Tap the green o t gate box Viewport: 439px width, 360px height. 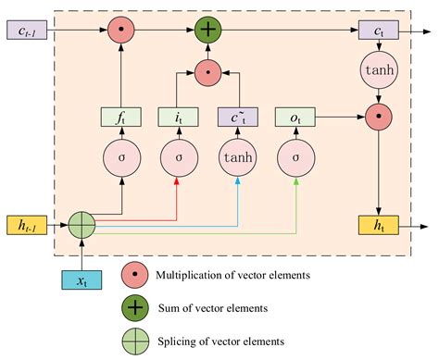tap(295, 117)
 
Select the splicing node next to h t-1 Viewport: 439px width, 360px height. tap(83, 224)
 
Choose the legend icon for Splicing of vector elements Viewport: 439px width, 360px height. tap(135, 340)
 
